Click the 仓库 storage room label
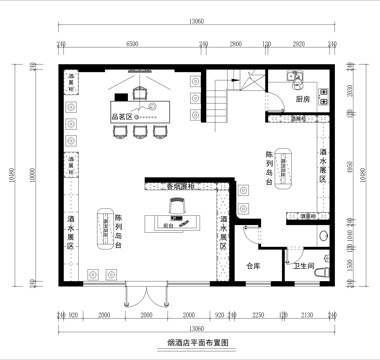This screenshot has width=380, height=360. [253, 265]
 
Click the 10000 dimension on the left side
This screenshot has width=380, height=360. [32, 175]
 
